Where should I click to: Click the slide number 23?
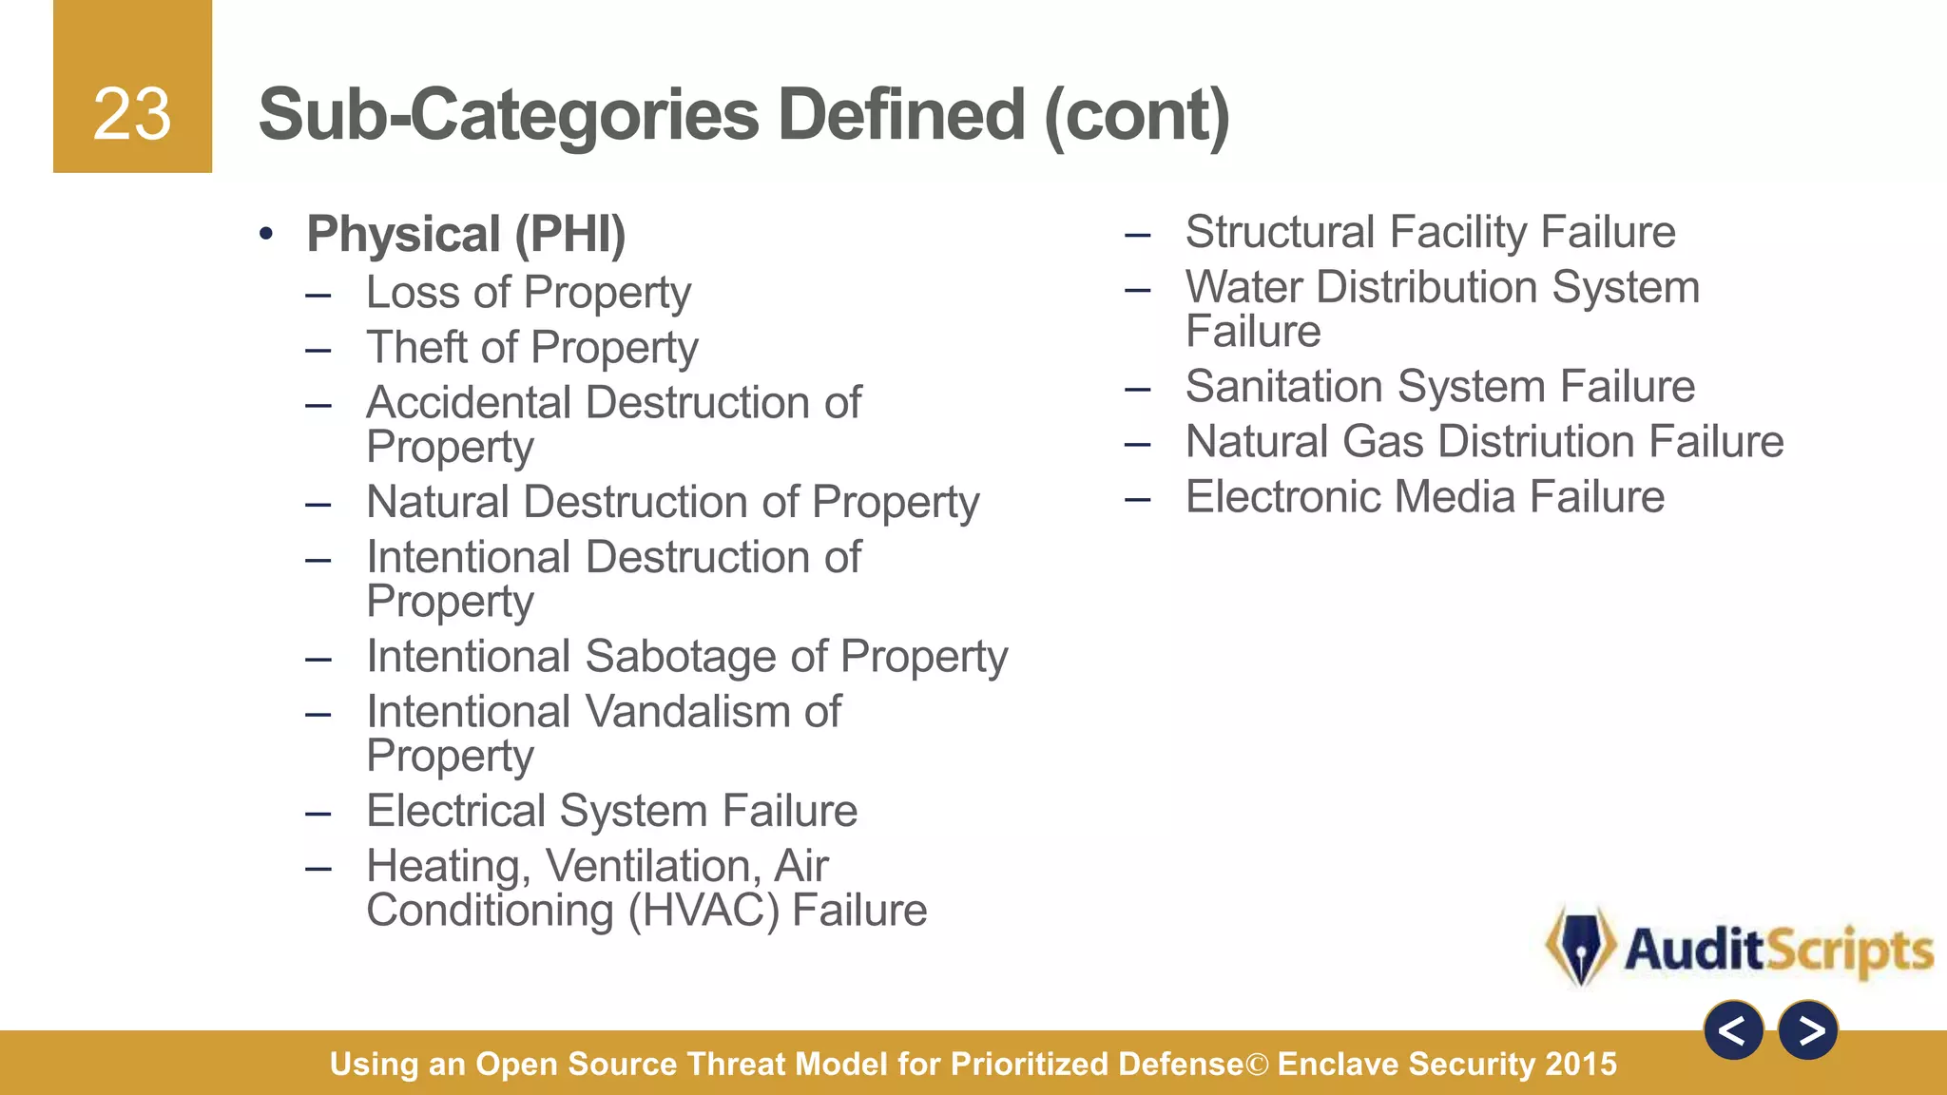tap(132, 115)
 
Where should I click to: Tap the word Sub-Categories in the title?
tap(509, 115)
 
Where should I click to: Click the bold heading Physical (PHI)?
tap(466, 234)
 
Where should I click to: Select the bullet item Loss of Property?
tap(529, 293)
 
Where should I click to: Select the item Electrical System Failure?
tap(611, 811)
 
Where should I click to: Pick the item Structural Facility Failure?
tap(1430, 233)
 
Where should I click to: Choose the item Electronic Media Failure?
tap(1424, 497)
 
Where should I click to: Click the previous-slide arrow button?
tap(1733, 1030)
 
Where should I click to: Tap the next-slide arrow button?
tap(1808, 1030)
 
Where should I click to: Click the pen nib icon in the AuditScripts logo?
tap(1580, 947)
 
